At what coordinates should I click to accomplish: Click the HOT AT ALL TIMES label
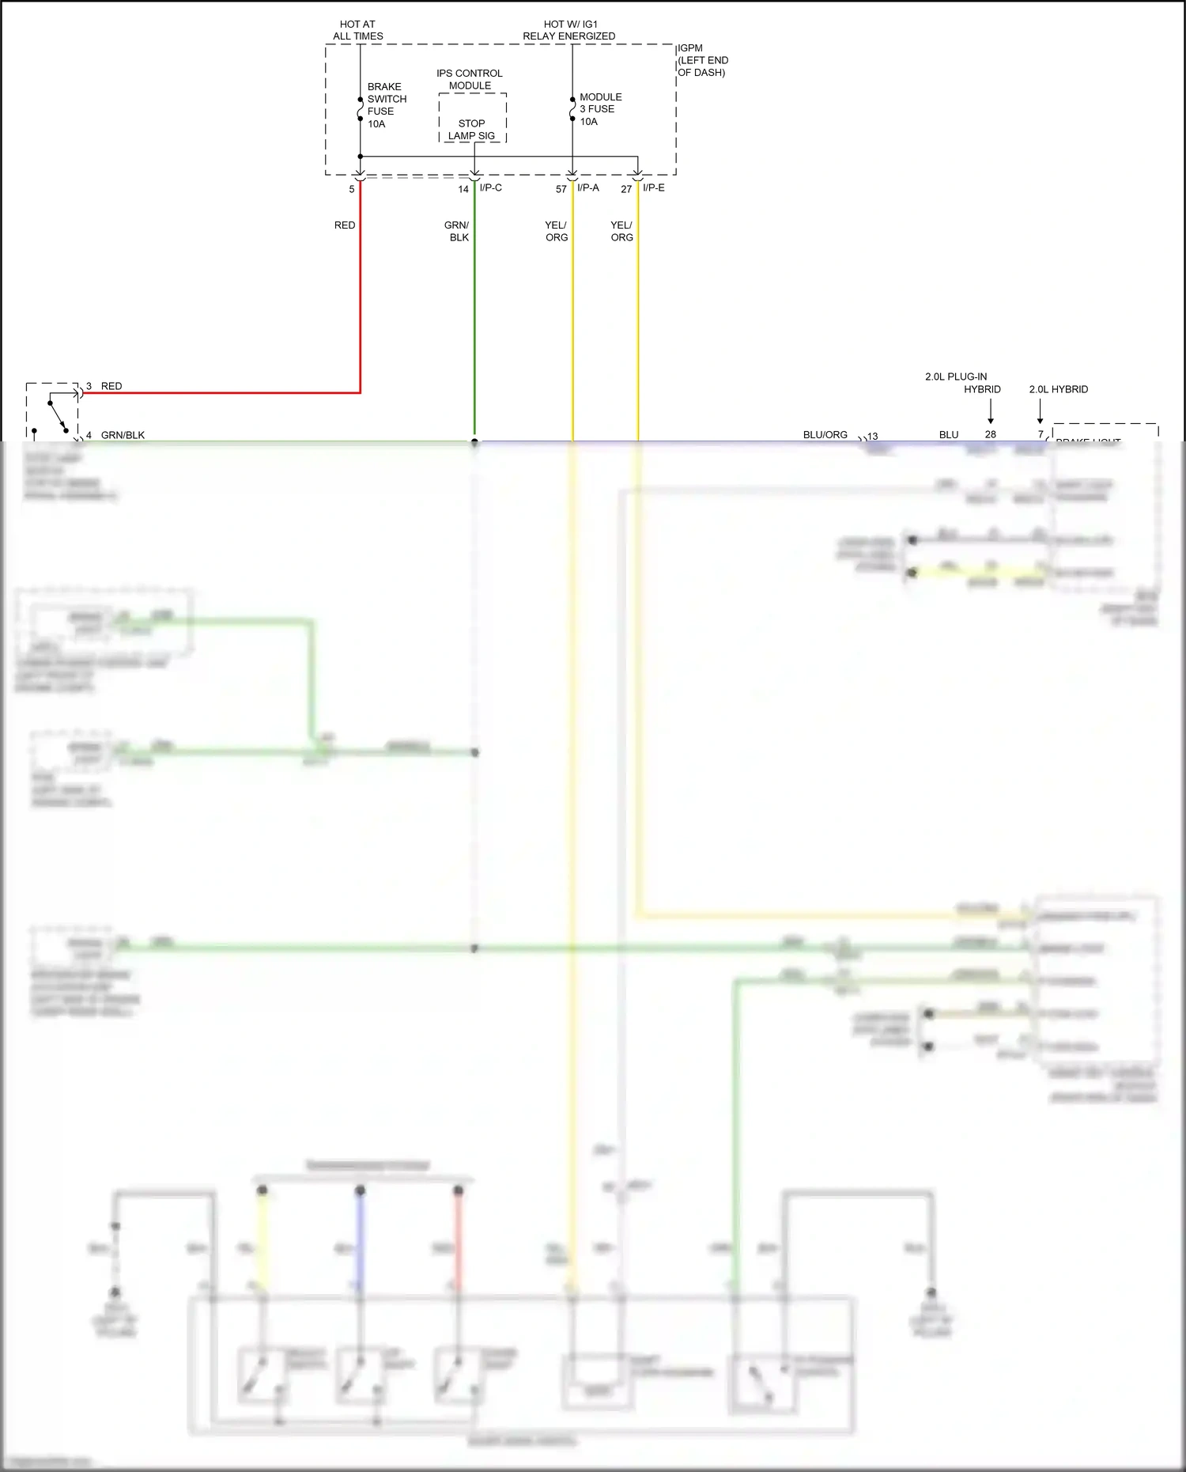coord(357,30)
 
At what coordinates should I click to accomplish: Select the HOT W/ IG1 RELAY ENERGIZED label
coord(568,30)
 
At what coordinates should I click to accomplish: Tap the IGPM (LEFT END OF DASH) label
coord(702,60)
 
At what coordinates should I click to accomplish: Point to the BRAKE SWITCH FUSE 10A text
coord(387,105)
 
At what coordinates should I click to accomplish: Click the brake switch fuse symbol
coord(360,109)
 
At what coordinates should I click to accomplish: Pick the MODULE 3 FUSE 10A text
coord(600,109)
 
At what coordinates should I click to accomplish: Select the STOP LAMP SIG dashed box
coord(472,119)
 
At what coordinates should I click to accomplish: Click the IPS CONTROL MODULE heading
coord(470,79)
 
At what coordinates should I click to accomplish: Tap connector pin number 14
coord(463,189)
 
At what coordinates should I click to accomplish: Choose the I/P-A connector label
coord(588,187)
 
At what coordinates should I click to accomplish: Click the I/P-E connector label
coord(654,187)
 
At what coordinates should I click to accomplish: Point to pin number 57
coord(561,189)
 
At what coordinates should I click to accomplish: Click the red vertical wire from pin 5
coord(361,301)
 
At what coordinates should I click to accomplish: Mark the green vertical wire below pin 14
coord(474,332)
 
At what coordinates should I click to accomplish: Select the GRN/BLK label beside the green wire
coord(458,231)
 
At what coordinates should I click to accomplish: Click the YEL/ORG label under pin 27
coord(622,231)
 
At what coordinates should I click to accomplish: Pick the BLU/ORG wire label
coord(825,435)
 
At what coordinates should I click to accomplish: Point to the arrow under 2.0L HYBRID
coord(1040,411)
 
